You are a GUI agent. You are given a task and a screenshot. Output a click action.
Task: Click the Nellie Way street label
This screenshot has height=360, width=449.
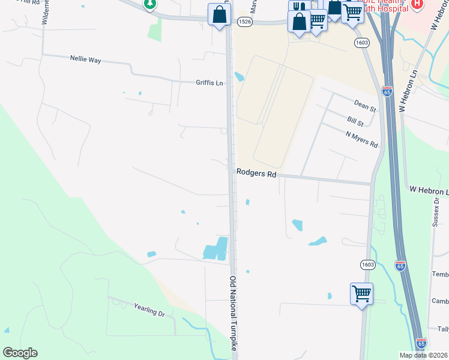(x=85, y=59)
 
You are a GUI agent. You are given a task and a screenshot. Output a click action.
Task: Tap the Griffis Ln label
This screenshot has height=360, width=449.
(x=209, y=83)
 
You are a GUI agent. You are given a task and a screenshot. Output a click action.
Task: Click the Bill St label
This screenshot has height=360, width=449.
(x=355, y=122)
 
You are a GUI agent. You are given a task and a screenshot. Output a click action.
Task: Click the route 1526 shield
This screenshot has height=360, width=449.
(x=244, y=22)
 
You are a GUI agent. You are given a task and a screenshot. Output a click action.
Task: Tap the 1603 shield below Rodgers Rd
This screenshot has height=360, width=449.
(x=369, y=264)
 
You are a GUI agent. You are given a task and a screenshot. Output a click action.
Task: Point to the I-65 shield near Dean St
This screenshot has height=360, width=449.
(x=387, y=91)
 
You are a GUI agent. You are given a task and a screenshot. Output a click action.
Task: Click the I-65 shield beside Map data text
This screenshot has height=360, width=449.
(x=421, y=343)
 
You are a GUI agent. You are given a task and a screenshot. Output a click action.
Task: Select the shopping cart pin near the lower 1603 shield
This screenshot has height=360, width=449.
(x=361, y=293)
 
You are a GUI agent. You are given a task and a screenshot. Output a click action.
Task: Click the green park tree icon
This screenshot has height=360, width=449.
(x=149, y=4)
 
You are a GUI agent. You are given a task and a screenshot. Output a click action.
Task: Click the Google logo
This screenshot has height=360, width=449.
(x=20, y=353)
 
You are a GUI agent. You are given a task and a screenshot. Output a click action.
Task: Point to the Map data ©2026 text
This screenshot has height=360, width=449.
(x=423, y=355)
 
